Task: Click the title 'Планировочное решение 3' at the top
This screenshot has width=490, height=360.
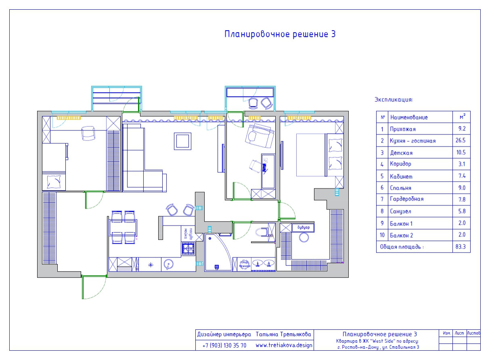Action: (280, 34)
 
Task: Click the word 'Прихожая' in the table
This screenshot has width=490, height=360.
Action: (402, 129)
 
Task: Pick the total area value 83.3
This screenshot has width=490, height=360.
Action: (461, 247)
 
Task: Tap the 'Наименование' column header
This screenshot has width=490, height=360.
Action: (408, 117)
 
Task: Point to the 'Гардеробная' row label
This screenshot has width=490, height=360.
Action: (406, 199)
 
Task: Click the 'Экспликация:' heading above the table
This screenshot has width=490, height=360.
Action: (394, 99)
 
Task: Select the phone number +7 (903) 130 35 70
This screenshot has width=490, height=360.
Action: (224, 345)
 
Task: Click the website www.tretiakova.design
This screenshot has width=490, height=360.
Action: (284, 345)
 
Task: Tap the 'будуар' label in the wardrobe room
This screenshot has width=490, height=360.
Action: (303, 227)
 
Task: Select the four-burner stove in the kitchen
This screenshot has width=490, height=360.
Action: (188, 249)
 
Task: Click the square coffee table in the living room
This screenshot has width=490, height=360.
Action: (182, 141)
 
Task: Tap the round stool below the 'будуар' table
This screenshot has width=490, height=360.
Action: (304, 238)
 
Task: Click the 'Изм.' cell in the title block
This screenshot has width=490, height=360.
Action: (446, 334)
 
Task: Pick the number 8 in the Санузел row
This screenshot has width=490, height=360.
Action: (382, 211)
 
